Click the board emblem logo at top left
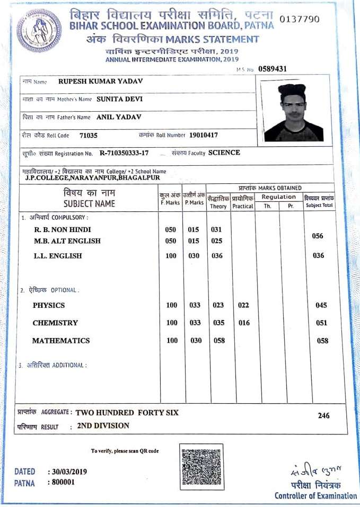point(40,30)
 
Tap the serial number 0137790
point(299,20)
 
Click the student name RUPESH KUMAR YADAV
point(100,82)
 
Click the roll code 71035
point(88,135)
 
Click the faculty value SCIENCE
point(224,153)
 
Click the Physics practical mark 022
point(243,305)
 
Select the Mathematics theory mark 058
point(219,341)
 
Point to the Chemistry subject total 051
point(321,323)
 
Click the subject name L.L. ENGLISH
point(58,256)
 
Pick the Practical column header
point(243,206)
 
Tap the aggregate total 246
point(323,416)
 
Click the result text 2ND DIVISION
point(103,425)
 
